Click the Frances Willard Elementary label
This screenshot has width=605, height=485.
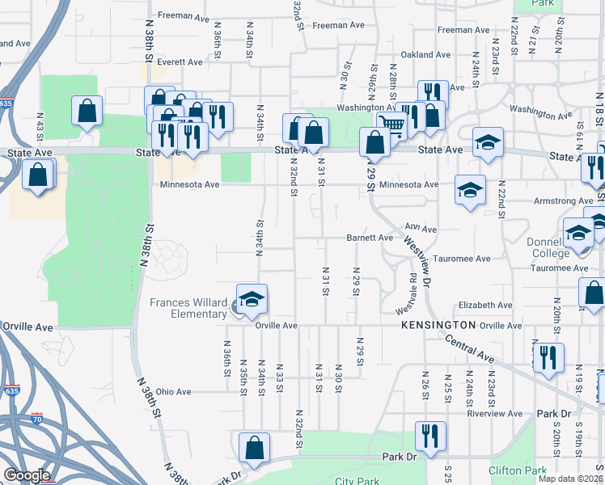tap(188, 309)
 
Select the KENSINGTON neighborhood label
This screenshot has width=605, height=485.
tap(438, 324)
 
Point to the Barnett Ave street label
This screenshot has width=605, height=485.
tap(370, 238)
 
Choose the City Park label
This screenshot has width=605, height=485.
tap(357, 481)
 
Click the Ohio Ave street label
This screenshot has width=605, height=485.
tap(173, 392)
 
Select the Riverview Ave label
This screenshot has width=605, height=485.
tap(501, 413)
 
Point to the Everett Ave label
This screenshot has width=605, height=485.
tap(180, 61)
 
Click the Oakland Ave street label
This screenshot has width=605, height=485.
tap(425, 54)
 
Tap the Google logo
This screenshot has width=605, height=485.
tap(27, 475)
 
